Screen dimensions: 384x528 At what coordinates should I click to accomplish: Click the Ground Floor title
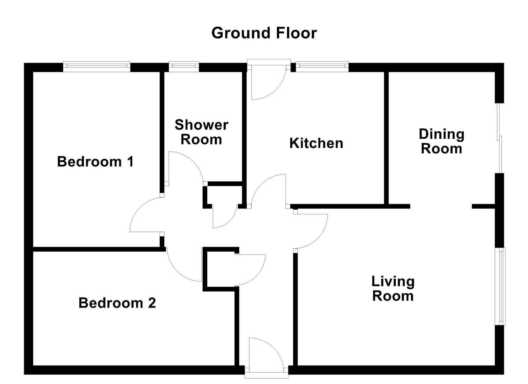tap(264, 33)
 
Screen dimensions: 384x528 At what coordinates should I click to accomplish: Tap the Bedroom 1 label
tap(95, 162)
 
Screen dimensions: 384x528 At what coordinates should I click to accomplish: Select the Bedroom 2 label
tap(117, 303)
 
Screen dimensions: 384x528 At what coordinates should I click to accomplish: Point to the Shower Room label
tap(201, 132)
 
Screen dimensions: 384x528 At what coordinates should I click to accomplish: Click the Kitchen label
tap(316, 143)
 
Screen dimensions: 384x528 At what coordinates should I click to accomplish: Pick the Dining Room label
tap(441, 141)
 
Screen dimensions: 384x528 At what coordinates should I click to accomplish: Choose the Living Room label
tap(393, 288)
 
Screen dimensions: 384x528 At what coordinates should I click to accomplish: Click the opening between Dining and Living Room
tap(441, 206)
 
